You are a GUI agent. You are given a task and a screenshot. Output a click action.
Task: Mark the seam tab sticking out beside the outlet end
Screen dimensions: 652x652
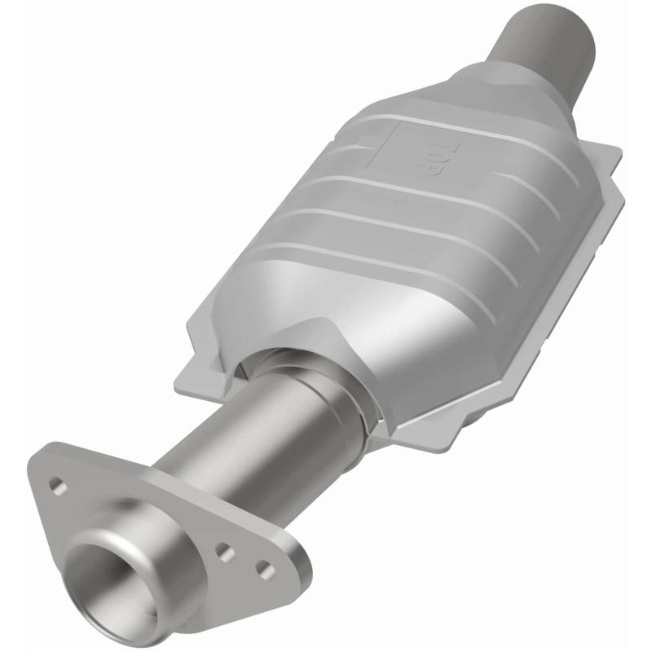coord(607,163)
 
